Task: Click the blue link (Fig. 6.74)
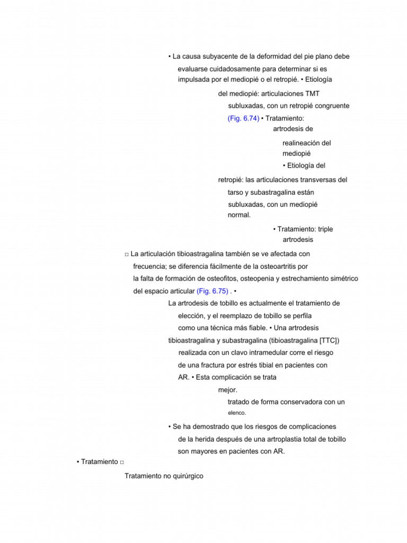click(x=243, y=118)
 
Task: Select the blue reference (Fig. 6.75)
click(x=213, y=291)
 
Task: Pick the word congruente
click(x=329, y=106)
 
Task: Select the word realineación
click(x=302, y=143)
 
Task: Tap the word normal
click(x=239, y=215)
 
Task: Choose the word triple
click(x=324, y=229)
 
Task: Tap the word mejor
click(x=228, y=390)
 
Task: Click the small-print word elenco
click(x=237, y=413)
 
